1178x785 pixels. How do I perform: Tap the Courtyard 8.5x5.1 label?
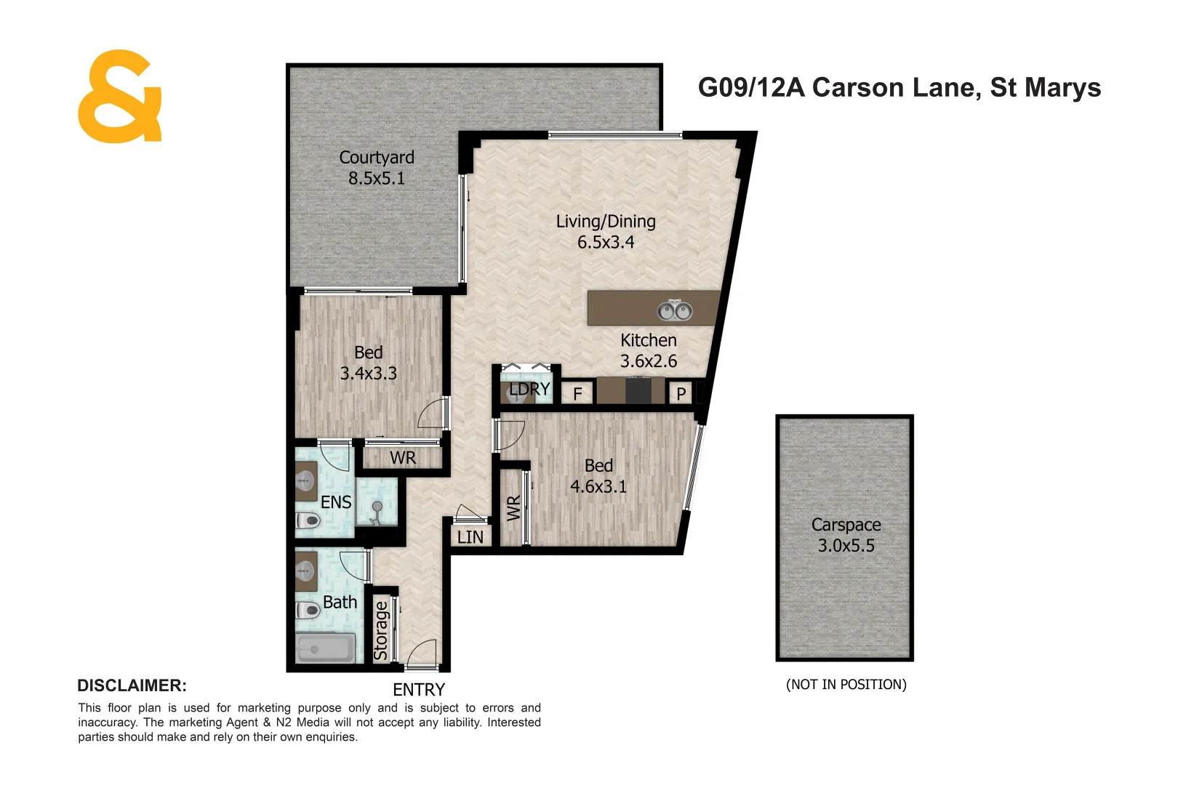(377, 168)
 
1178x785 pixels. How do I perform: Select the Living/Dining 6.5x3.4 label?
(606, 232)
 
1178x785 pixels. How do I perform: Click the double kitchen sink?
(675, 310)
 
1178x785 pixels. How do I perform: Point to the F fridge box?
(578, 393)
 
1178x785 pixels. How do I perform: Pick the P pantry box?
(681, 393)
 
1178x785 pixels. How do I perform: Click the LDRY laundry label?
(529, 389)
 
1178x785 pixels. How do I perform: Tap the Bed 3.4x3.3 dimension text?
(369, 374)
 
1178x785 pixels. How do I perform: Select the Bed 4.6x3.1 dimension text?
(598, 486)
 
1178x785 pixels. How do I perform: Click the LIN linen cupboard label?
(470, 537)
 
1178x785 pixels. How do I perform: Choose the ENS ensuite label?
(336, 502)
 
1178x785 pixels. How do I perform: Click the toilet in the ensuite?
(309, 520)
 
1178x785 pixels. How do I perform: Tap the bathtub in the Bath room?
(325, 648)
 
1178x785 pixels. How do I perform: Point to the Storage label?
(381, 629)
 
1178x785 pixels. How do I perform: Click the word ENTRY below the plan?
(419, 689)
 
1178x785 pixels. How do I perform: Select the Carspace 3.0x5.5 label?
(846, 535)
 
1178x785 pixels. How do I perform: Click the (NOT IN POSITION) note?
(846, 684)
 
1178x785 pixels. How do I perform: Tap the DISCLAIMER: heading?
(132, 685)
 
